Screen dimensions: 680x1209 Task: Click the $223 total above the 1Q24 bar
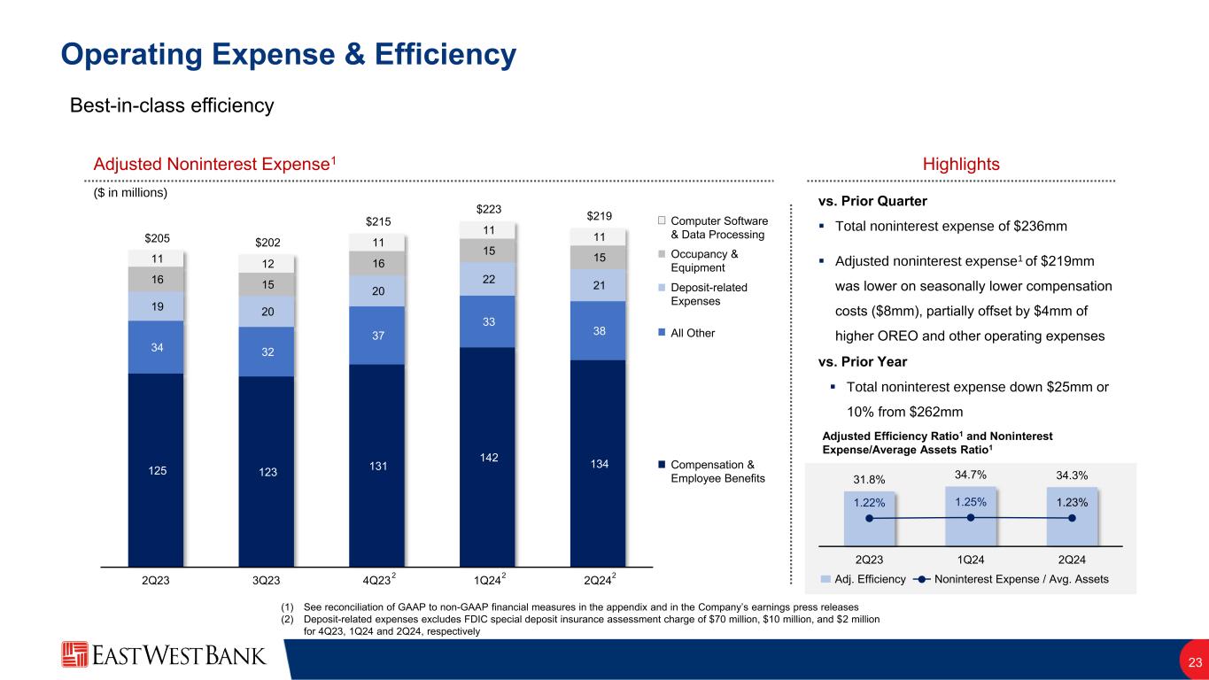[488, 209]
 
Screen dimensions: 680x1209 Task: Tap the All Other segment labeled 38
[598, 330]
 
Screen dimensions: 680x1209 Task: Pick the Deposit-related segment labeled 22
[488, 278]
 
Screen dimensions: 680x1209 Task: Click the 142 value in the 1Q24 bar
[488, 457]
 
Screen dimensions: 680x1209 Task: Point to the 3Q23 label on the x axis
[267, 581]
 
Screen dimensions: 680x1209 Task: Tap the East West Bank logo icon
[74, 655]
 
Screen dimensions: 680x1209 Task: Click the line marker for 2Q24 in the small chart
[1072, 518]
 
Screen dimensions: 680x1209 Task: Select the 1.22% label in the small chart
[870, 502]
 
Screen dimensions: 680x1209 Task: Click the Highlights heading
[961, 164]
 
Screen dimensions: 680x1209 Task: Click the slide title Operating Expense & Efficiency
[288, 55]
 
